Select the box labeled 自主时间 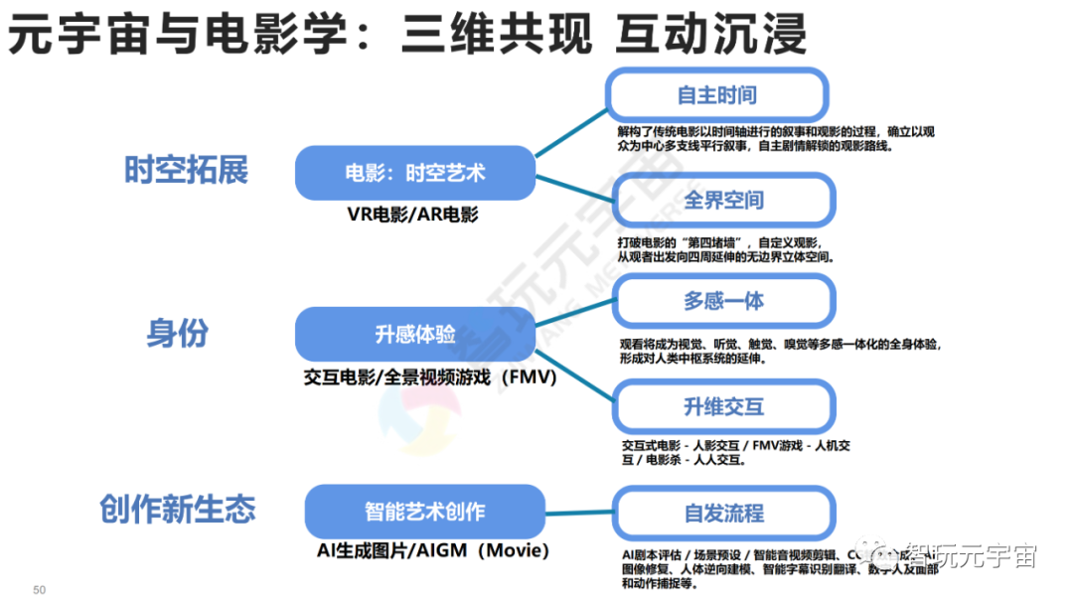716,95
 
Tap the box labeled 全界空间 723,200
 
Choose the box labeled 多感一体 723,301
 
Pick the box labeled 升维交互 723,406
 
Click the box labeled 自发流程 723,513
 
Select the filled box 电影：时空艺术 415,173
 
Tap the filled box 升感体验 415,335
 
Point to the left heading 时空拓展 186,170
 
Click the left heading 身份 178,334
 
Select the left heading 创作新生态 178,510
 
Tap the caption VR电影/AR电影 412,214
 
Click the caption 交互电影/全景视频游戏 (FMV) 430,377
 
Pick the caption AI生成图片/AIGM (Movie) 432,550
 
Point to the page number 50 40,590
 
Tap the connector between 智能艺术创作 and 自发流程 579,513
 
